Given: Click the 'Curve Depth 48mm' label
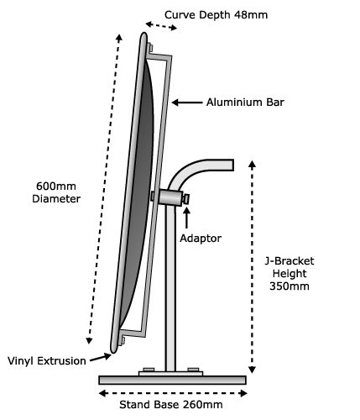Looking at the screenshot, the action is (x=216, y=15).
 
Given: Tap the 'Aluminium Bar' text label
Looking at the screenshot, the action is (x=245, y=102).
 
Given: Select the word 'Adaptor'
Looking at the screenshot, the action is (x=201, y=239).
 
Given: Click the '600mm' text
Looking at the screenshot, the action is (x=56, y=186).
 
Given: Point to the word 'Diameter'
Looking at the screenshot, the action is (x=56, y=199).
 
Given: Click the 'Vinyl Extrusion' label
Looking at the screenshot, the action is (x=47, y=361).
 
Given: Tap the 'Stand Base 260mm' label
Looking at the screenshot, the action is (x=171, y=405).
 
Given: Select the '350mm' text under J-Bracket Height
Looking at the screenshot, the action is (x=290, y=286).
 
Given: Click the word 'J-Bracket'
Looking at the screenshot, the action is (x=290, y=261).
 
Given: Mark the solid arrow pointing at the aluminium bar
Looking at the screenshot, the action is (x=187, y=102).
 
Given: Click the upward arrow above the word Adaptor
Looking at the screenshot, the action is (x=186, y=218).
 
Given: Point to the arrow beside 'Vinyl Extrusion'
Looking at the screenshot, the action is (x=100, y=357).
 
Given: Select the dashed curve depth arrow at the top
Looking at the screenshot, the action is (x=161, y=25).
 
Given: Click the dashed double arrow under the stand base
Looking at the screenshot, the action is (x=173, y=393).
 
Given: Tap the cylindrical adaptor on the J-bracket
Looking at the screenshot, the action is (x=170, y=197).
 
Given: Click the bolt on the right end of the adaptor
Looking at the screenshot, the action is (x=185, y=199).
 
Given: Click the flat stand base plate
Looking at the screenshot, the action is (x=173, y=380).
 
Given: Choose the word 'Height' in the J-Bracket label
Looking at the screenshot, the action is (x=290, y=274).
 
